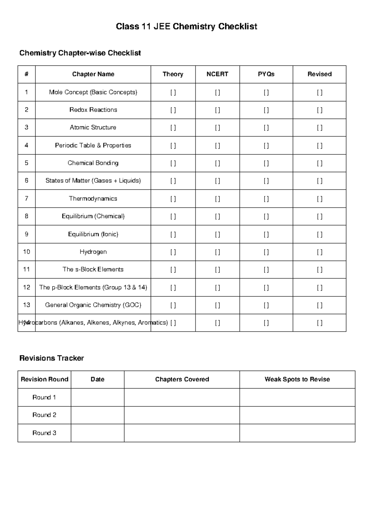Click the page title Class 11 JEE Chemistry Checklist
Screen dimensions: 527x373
point(186,26)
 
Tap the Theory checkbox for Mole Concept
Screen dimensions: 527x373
point(173,93)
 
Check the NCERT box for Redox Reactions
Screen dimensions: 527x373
point(218,110)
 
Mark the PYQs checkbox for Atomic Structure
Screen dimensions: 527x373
point(266,128)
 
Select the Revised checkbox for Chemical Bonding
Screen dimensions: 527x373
point(320,163)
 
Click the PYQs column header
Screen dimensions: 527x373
point(266,74)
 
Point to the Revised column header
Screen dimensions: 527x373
point(320,74)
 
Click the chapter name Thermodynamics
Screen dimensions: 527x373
point(93,199)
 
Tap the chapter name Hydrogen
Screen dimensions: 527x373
point(93,252)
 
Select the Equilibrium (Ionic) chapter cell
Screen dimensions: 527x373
point(93,234)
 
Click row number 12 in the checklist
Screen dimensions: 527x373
point(26,287)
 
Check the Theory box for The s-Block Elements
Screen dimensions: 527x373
point(173,270)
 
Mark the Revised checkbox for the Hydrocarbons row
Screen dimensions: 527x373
point(320,323)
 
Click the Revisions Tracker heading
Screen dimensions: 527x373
point(52,358)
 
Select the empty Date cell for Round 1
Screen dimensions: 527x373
point(97,397)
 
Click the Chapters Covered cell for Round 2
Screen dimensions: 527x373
point(182,415)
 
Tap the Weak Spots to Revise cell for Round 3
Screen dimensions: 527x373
point(297,433)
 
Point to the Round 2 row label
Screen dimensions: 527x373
point(44,415)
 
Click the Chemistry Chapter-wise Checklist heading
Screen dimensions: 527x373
point(80,53)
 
